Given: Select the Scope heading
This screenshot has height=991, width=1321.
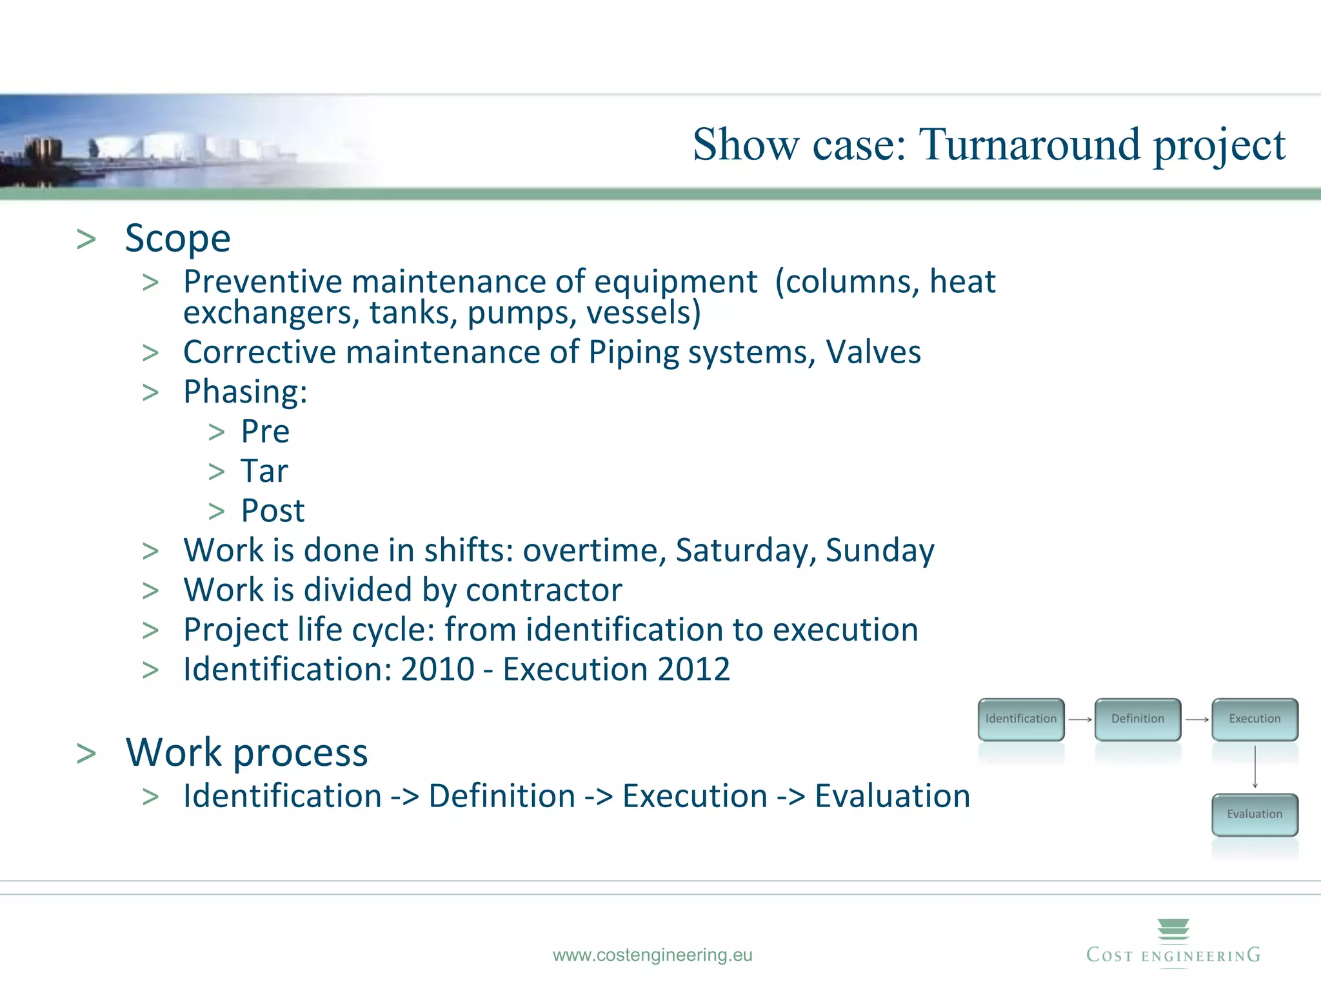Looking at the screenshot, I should (x=177, y=238).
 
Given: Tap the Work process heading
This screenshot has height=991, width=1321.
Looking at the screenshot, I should (x=246, y=752).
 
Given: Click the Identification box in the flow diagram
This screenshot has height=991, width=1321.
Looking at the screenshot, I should (x=1021, y=719).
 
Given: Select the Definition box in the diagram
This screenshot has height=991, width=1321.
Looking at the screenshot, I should (x=1138, y=719).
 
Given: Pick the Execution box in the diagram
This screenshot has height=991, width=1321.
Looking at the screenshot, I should (x=1255, y=719).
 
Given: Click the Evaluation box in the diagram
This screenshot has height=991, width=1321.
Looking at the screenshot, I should (x=1255, y=814).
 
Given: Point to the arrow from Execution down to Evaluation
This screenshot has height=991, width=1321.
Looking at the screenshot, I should (x=1255, y=766).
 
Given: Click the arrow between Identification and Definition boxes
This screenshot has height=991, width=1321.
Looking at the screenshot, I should (x=1080, y=719).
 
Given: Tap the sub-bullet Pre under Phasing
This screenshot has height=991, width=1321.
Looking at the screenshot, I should (x=265, y=431).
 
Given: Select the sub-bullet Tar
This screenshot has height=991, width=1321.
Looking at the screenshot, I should (x=264, y=471).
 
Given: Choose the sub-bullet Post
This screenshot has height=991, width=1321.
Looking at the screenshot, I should (x=272, y=511).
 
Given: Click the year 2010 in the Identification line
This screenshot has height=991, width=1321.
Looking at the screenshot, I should (x=437, y=669).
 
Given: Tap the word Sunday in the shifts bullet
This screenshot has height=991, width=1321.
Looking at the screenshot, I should (x=880, y=550).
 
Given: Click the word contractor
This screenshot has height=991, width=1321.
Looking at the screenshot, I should (x=544, y=590).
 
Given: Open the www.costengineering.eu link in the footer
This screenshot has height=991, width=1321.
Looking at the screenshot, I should (x=652, y=955).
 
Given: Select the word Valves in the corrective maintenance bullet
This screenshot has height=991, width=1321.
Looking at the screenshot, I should (x=873, y=352).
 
